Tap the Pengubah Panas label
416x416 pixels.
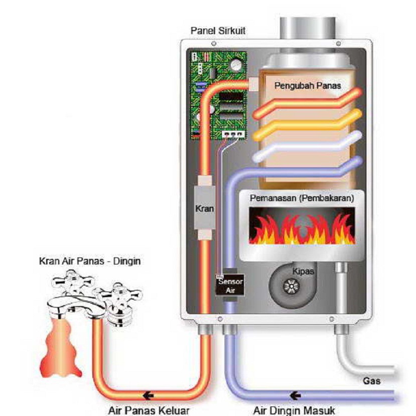tap(307, 86)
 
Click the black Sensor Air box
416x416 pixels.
tap(230, 286)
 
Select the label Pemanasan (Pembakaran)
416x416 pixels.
tap(302, 198)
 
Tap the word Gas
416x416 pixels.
tap(371, 381)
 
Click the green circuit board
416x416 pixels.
tap(218, 95)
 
